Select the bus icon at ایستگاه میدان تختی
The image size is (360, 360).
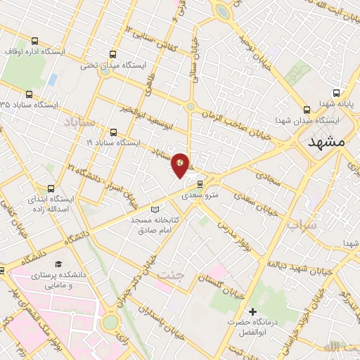point(113,53)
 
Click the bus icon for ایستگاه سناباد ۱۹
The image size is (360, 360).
point(113,131)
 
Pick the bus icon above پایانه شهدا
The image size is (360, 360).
point(336,92)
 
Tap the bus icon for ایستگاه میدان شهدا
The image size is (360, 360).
point(306,109)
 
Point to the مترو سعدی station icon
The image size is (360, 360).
point(200,184)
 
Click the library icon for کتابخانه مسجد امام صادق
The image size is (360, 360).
point(155,209)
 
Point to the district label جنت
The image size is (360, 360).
point(171,275)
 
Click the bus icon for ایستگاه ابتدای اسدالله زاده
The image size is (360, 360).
point(50,188)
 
